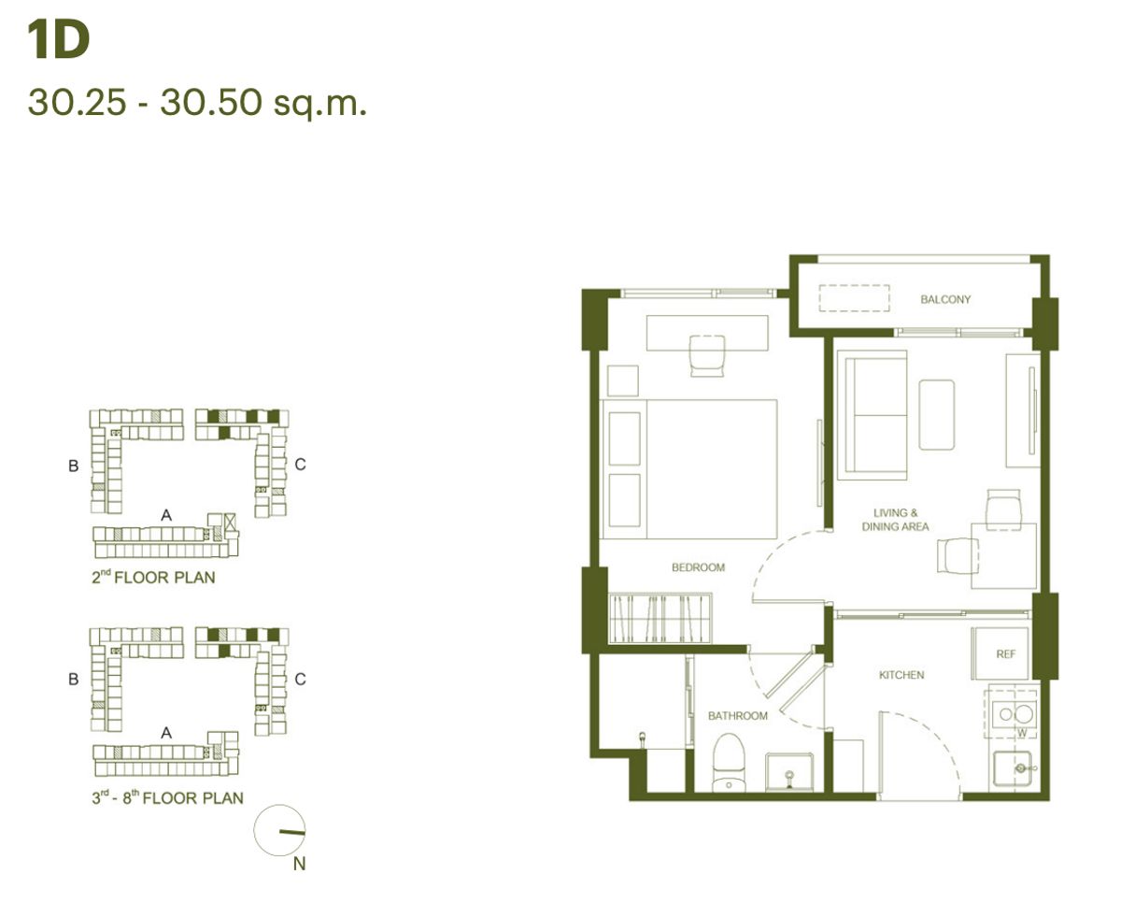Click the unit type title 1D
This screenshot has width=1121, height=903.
[58, 39]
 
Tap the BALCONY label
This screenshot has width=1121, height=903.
[945, 300]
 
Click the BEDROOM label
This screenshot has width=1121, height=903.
[698, 567]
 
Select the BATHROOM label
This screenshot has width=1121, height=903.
[738, 716]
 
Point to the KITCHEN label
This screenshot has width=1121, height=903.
[901, 675]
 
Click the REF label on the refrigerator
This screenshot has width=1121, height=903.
[1005, 654]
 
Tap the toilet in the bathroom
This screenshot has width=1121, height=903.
[729, 763]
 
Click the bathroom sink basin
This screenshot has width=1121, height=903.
[789, 772]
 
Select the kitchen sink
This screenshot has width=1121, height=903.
[1013, 768]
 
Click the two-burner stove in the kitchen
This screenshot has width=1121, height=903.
[1014, 714]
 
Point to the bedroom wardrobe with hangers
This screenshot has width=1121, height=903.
[660, 618]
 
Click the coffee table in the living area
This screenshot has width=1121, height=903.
[937, 414]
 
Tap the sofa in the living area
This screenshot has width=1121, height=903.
[872, 415]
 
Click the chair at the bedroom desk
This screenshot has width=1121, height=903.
[707, 355]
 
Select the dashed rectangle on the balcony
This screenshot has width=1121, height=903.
[854, 298]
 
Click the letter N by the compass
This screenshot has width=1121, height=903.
[299, 864]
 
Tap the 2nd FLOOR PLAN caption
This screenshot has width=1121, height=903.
[153, 577]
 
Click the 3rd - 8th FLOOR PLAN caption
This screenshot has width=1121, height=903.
[167, 797]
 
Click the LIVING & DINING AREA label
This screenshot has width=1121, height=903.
[896, 520]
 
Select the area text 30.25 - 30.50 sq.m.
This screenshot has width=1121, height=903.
[197, 102]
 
